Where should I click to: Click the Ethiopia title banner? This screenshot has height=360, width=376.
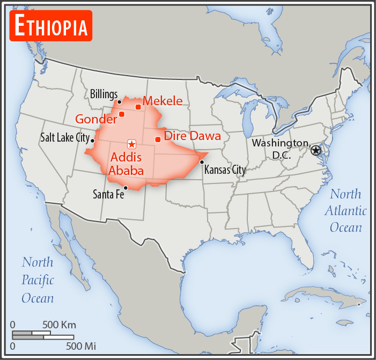pyautogui.click(x=51, y=25)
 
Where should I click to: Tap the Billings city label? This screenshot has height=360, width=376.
pyautogui.click(x=104, y=94)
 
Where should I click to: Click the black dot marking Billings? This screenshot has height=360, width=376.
pyautogui.click(x=120, y=101)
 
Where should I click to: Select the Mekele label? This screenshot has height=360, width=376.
pyautogui.click(x=163, y=101)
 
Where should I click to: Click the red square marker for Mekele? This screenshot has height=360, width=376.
pyautogui.click(x=138, y=107)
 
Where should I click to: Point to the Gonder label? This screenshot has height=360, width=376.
pyautogui.click(x=96, y=119)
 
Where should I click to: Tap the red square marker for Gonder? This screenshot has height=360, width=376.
pyautogui.click(x=122, y=114)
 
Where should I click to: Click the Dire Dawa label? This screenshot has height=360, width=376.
pyautogui.click(x=192, y=136)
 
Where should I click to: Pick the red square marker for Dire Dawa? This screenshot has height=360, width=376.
pyautogui.click(x=158, y=139)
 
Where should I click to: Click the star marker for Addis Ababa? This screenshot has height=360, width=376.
pyautogui.click(x=131, y=144)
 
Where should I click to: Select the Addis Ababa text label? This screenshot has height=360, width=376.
pyautogui.click(x=126, y=164)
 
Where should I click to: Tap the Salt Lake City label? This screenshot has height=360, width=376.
pyautogui.click(x=65, y=137)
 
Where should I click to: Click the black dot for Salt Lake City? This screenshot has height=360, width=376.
pyautogui.click(x=93, y=141)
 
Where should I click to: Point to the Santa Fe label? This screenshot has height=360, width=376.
pyautogui.click(x=108, y=194)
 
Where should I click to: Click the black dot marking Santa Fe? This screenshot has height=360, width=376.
pyautogui.click(x=126, y=187)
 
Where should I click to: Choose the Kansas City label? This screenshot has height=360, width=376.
pyautogui.click(x=224, y=170)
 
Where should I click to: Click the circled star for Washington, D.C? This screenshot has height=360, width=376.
pyautogui.click(x=316, y=150)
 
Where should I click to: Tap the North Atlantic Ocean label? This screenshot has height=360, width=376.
pyautogui.click(x=345, y=210)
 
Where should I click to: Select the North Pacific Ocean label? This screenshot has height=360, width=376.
pyautogui.click(x=38, y=280)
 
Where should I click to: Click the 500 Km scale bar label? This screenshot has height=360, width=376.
pyautogui.click(x=59, y=325)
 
